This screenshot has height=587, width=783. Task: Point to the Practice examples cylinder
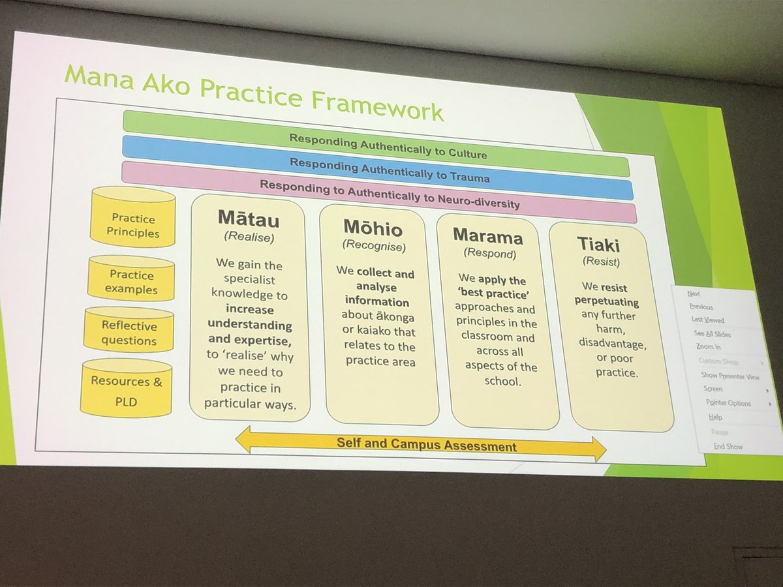(x=132, y=281)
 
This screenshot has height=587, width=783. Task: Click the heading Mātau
(x=247, y=218)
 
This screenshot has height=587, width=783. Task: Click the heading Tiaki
(x=598, y=244)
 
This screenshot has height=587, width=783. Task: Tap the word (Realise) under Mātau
(x=247, y=237)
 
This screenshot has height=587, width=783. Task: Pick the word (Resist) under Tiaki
(x=598, y=262)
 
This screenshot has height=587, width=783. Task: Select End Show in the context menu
(x=728, y=447)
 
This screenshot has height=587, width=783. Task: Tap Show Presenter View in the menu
(x=729, y=376)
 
